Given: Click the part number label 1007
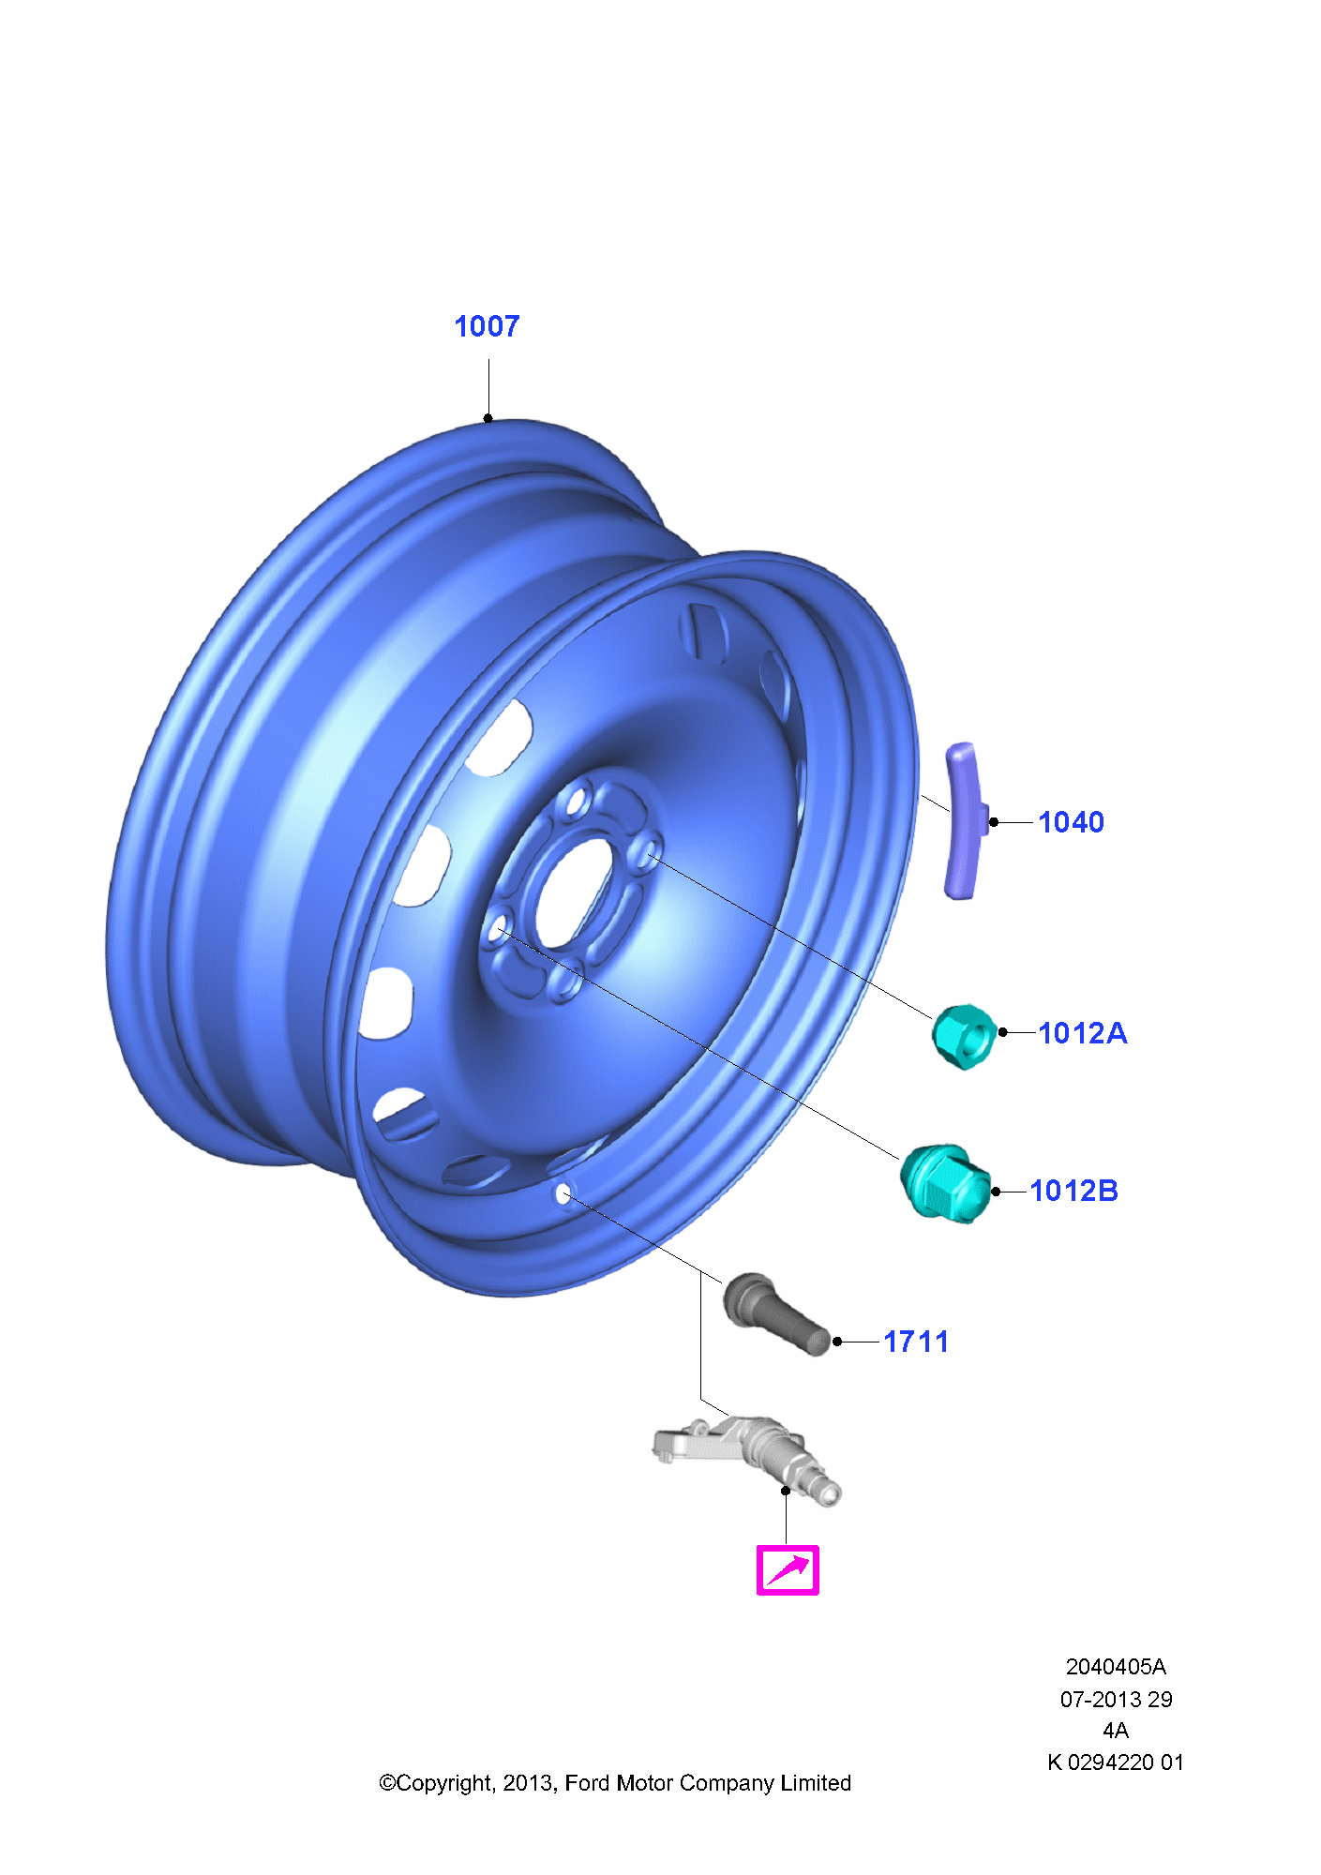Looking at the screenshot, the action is pos(487,326).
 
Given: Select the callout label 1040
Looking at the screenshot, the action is pos(1071,822).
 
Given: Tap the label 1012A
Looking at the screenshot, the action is pos(1082,1033).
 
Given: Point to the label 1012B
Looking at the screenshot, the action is pos(1073,1191).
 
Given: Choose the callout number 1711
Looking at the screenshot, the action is pos(916,1342).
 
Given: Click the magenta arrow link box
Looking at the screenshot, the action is pos(788,1569).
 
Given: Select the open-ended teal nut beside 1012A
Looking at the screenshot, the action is pos(964,1036).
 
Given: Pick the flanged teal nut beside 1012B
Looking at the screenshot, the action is pos(946,1183).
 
